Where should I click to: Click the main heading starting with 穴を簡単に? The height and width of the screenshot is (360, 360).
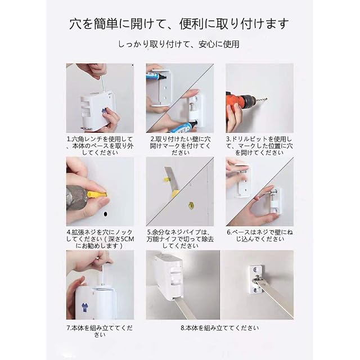pyautogui.click(x=179, y=24)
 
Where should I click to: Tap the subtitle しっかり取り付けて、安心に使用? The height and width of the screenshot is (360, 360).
pyautogui.click(x=179, y=44)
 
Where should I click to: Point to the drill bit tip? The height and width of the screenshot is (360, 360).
pyautogui.click(x=266, y=99)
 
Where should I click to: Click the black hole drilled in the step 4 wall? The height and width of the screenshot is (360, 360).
pyautogui.click(x=105, y=214)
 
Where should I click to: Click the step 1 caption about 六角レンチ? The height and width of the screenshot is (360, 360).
pyautogui.click(x=100, y=146)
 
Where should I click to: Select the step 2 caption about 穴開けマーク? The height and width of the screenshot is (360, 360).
pyautogui.click(x=180, y=146)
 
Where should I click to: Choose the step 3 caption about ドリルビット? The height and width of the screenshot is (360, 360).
pyautogui.click(x=259, y=146)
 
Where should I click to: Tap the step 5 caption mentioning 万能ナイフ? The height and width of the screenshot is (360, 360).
pyautogui.click(x=180, y=239)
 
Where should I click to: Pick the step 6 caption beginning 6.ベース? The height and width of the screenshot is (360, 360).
pyautogui.click(x=260, y=236)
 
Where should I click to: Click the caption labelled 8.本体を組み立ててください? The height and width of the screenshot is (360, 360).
pyautogui.click(x=220, y=328)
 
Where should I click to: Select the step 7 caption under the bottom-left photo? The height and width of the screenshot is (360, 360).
pyautogui.click(x=100, y=331)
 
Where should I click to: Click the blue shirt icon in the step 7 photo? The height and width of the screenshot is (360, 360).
pyautogui.click(x=84, y=307)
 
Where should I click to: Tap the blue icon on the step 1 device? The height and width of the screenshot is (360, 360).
pyautogui.click(x=103, y=110)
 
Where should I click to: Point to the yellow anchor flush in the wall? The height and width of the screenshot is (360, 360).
pyautogui.click(x=191, y=205)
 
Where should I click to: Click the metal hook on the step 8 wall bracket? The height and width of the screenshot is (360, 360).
pyautogui.click(x=257, y=280)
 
